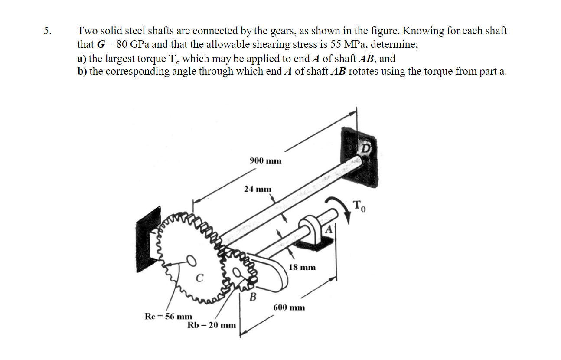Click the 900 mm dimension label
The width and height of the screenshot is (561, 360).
tap(265, 161)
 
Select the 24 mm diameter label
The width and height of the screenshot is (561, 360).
tap(258, 189)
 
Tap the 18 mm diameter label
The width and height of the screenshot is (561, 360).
tap(302, 267)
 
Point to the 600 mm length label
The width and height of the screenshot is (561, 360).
tap(289, 308)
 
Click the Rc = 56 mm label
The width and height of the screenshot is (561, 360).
tap(168, 316)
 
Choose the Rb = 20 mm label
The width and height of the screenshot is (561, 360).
tap(212, 325)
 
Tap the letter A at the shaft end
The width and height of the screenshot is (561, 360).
tap(329, 230)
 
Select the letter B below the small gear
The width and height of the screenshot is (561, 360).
tap(252, 297)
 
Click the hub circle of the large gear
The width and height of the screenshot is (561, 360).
tap(191, 260)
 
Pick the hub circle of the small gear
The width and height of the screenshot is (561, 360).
tap(237, 272)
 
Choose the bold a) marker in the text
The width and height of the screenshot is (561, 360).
tap(82, 58)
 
